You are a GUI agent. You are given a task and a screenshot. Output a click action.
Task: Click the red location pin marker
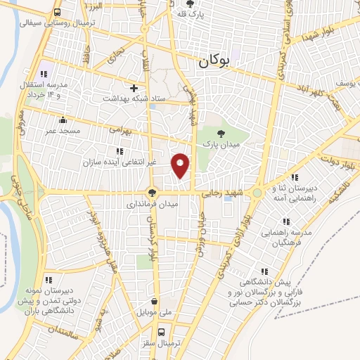181,165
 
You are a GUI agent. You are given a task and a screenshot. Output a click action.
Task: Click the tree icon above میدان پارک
221,132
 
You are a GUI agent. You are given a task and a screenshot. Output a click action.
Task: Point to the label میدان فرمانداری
153,203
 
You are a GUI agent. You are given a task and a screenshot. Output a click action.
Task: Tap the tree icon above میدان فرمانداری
152,192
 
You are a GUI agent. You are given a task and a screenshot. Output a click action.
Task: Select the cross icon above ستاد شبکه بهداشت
134,89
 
